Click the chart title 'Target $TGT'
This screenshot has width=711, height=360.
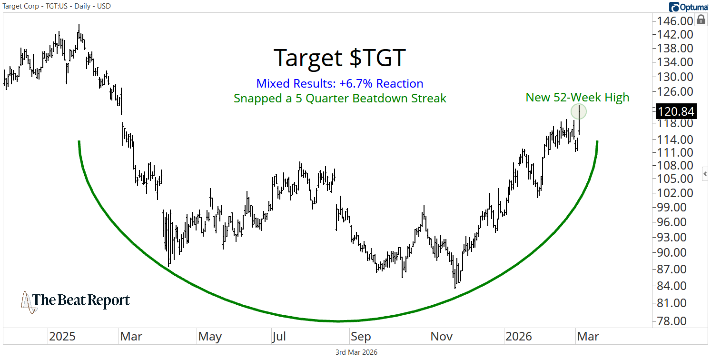click(x=340, y=58)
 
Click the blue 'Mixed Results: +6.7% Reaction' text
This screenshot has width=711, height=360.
click(x=340, y=84)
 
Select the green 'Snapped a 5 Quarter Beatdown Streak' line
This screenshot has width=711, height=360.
click(x=340, y=99)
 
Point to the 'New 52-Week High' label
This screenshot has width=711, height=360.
click(x=577, y=98)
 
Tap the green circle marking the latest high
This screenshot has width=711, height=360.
click(x=579, y=111)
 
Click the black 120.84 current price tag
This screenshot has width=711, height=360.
click(x=675, y=112)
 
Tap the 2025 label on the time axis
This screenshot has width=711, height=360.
click(x=62, y=337)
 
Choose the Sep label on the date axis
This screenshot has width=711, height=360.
click(x=361, y=337)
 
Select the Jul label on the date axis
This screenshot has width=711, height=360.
click(x=279, y=337)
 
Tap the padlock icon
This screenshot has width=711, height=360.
click(x=701, y=20)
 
